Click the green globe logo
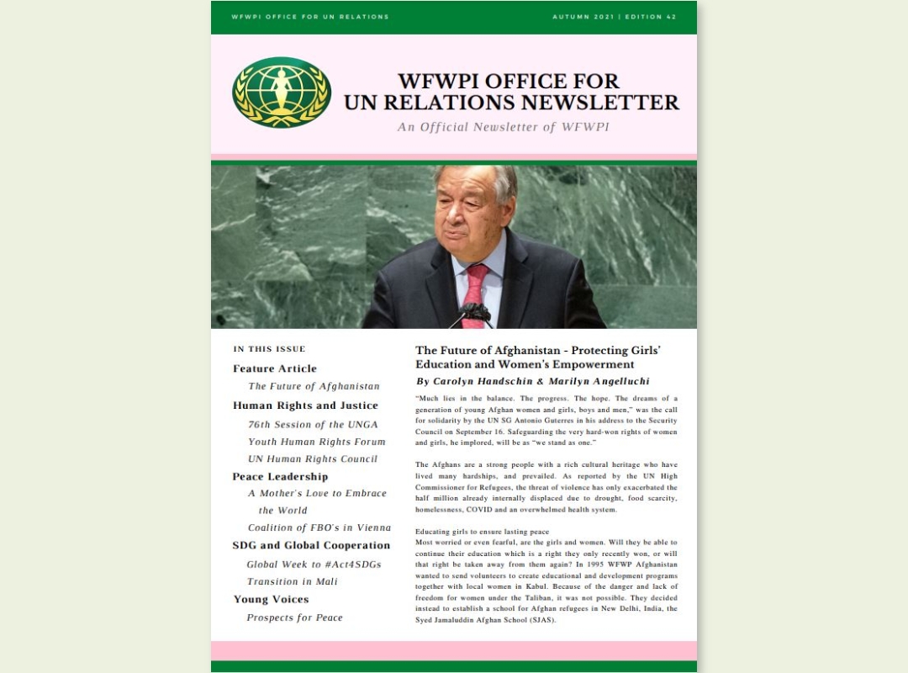[x=282, y=93]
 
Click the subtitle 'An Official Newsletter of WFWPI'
[x=504, y=127]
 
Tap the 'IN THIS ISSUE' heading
[x=269, y=349]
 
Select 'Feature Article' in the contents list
[x=275, y=368]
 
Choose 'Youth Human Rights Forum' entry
[x=316, y=442]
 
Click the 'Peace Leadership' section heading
[x=280, y=477]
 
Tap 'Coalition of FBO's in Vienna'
[x=319, y=528]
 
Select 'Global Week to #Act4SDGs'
[x=314, y=564]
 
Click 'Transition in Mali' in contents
[x=291, y=582]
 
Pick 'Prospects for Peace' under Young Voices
[x=294, y=617]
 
